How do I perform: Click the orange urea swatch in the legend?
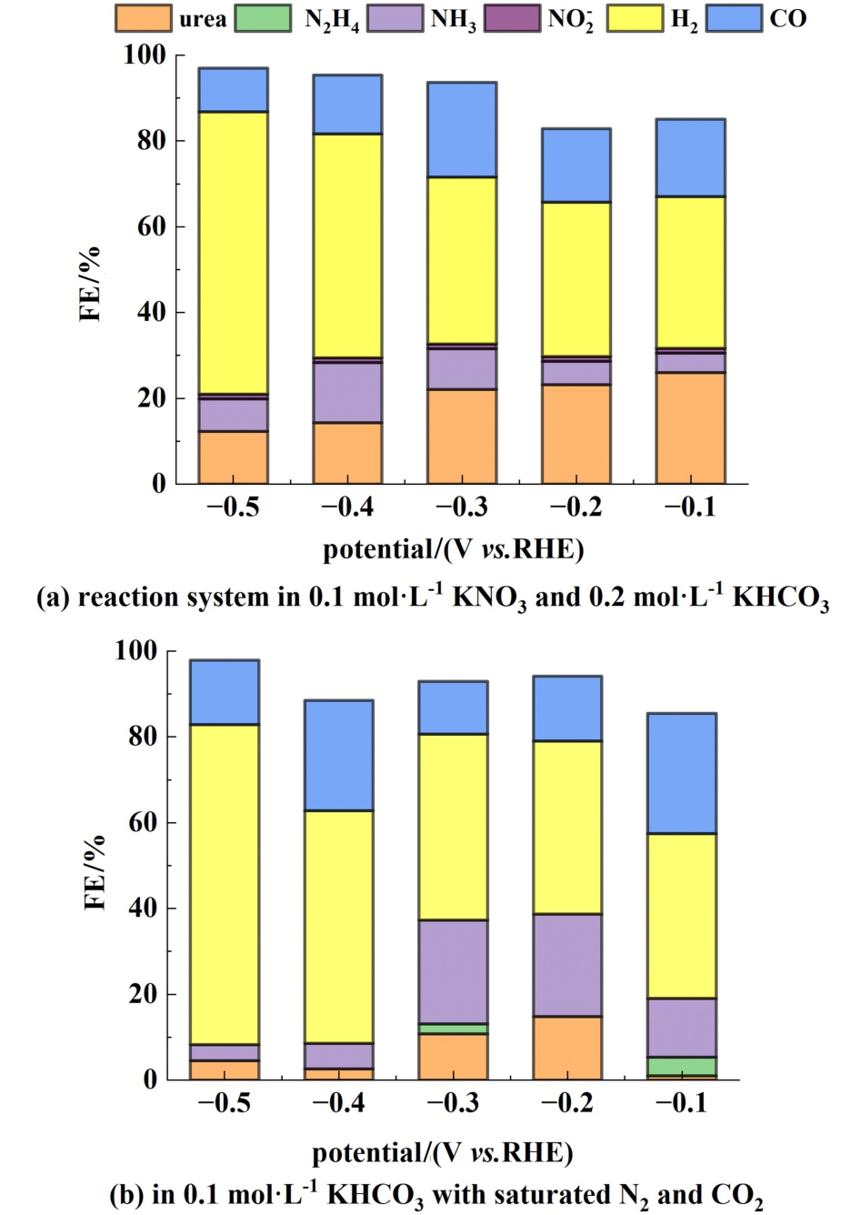(x=143, y=18)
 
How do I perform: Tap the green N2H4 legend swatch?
(x=264, y=18)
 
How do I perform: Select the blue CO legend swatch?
(x=734, y=18)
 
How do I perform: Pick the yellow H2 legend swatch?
(x=636, y=18)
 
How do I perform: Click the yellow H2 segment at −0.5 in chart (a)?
(x=233, y=253)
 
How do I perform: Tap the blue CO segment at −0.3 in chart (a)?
(x=462, y=129)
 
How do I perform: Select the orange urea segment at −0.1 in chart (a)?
(x=691, y=427)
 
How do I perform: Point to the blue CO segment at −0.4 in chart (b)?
(x=338, y=755)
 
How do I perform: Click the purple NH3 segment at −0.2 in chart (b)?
(x=567, y=965)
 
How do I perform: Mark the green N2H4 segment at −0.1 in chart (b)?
(x=682, y=1066)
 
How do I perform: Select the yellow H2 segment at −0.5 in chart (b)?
(x=224, y=884)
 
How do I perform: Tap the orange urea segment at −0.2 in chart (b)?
(x=567, y=1048)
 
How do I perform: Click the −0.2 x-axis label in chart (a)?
(x=576, y=507)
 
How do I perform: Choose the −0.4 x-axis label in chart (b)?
(x=338, y=1104)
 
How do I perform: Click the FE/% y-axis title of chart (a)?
(x=91, y=284)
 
